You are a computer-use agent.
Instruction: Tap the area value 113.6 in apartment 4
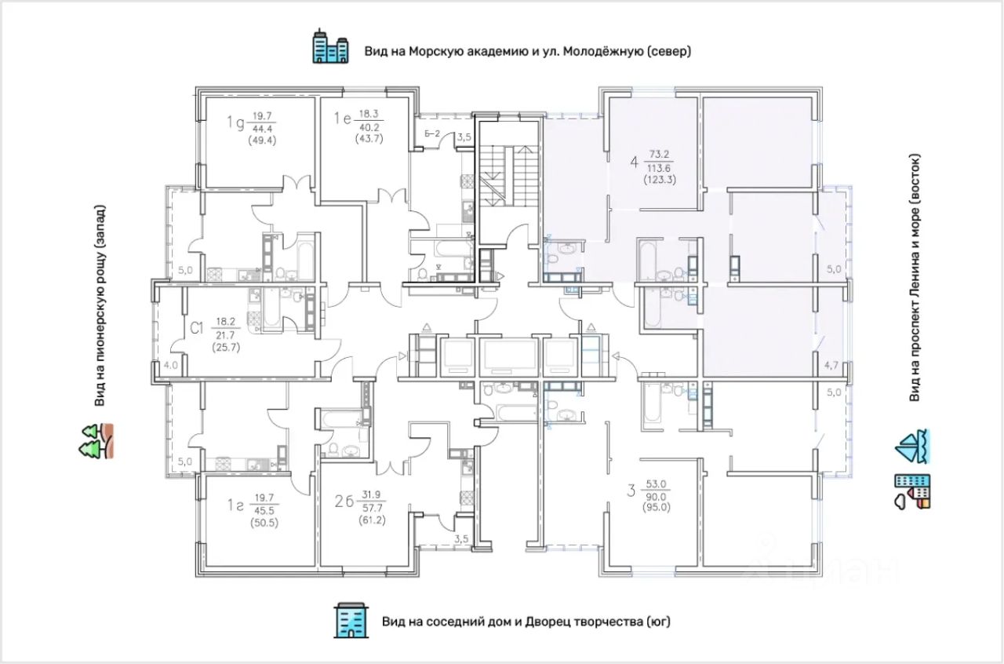[x=659, y=168]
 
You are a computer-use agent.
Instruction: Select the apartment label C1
[x=197, y=328]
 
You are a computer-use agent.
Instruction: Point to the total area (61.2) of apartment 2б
[x=372, y=520]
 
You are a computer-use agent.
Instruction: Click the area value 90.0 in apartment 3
[x=657, y=497]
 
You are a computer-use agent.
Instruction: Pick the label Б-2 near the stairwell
[x=432, y=133]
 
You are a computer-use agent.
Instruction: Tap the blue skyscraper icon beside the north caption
[x=331, y=46]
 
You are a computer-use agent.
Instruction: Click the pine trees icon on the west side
[x=96, y=441]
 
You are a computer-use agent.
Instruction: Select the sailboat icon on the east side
[x=912, y=447]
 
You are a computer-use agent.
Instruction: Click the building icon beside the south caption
[x=351, y=621]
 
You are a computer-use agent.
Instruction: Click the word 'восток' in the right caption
[x=915, y=181]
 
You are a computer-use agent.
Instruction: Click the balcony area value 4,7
[x=831, y=366]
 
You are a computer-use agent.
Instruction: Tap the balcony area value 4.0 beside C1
[x=171, y=365]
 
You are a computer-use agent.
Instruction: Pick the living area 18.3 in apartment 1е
[x=369, y=115]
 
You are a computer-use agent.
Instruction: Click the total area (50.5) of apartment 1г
[x=264, y=523]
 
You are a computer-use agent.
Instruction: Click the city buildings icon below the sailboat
[x=912, y=491]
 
